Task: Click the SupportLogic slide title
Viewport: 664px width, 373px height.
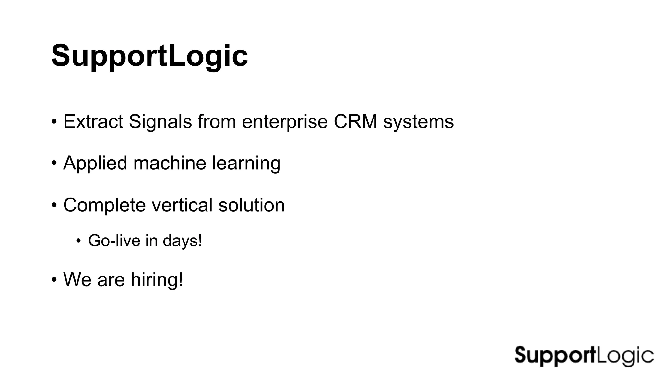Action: (x=149, y=56)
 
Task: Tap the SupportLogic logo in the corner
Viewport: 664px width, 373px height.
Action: (x=584, y=356)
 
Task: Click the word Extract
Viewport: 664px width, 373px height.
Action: (x=93, y=122)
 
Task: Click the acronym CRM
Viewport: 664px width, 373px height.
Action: (x=355, y=122)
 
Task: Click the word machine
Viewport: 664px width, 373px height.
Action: (x=170, y=163)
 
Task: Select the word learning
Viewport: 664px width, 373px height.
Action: (x=246, y=164)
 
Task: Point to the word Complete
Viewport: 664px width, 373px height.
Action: (x=104, y=205)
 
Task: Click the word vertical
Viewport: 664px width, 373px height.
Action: (x=182, y=205)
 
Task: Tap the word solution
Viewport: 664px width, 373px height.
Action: (x=251, y=205)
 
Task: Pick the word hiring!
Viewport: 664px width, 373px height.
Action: (x=157, y=279)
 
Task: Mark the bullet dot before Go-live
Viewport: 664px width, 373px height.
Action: (x=78, y=241)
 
